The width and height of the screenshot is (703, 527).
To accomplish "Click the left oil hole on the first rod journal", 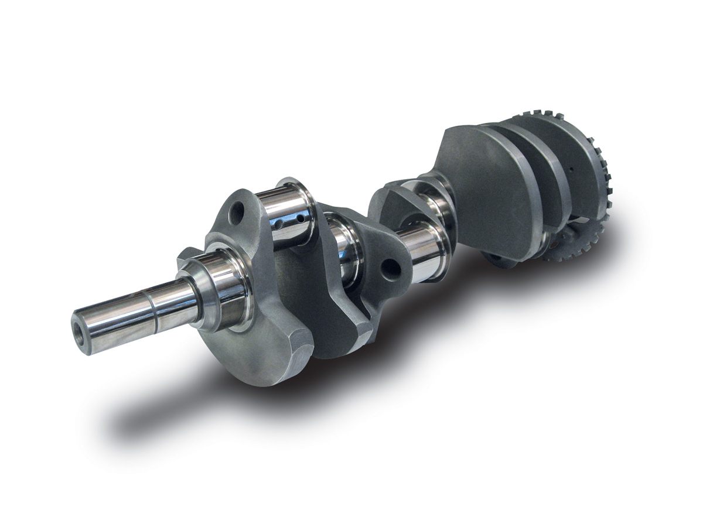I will [x=280, y=223].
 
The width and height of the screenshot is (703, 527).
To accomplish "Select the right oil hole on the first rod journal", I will [x=300, y=218].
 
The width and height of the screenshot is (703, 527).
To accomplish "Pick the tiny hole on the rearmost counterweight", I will [x=569, y=167].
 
